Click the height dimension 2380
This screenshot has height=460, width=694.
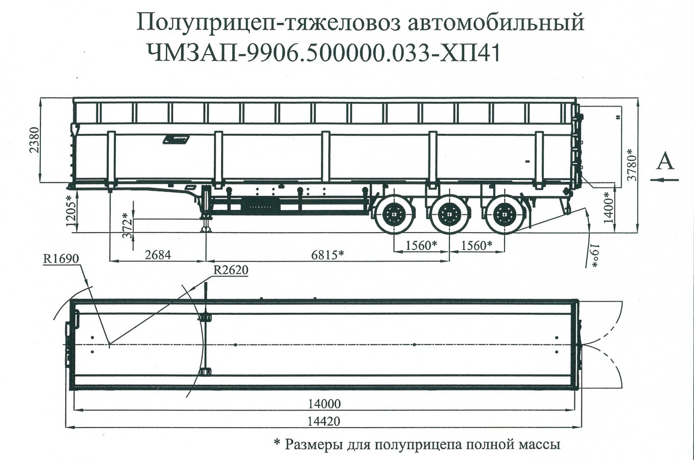click(33, 140)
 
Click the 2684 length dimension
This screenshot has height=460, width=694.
click(158, 254)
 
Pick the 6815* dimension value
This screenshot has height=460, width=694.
click(327, 254)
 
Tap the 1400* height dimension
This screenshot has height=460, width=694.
click(607, 207)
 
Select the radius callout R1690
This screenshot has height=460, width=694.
click(61, 259)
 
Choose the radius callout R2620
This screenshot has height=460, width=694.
click(230, 270)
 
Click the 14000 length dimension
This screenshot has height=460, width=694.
click(324, 404)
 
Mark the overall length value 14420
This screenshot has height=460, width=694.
click(324, 422)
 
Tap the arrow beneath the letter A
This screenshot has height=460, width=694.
click(665, 179)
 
